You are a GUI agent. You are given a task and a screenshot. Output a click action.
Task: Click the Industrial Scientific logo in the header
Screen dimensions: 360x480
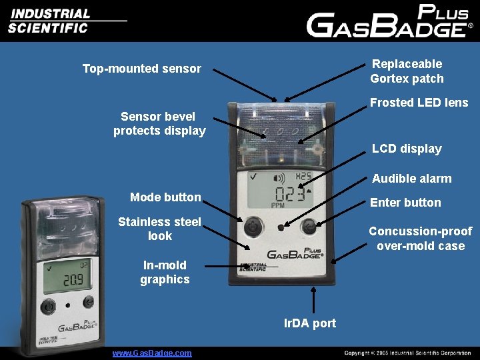(50, 21)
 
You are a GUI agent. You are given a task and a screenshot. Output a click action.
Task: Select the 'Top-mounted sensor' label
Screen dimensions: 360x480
(141, 68)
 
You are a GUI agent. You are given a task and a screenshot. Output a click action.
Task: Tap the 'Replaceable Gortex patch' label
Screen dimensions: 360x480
(407, 71)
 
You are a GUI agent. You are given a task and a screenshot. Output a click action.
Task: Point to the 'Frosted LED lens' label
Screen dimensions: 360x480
(419, 103)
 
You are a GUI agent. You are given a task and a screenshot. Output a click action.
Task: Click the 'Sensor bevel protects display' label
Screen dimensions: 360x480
(159, 124)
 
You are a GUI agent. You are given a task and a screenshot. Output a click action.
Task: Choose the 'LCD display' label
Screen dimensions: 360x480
(407, 149)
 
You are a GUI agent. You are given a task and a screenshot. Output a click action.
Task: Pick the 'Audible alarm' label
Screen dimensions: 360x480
(411, 179)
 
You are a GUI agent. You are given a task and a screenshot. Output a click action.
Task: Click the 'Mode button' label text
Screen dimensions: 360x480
(165, 197)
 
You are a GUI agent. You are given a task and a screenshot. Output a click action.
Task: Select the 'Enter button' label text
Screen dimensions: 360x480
(405, 203)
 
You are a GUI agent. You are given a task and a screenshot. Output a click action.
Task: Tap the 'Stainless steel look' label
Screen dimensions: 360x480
(159, 229)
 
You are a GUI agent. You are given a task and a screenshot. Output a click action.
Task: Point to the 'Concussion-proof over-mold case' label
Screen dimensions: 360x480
(420, 239)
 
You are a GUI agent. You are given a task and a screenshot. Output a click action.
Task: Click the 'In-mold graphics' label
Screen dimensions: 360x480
(165, 273)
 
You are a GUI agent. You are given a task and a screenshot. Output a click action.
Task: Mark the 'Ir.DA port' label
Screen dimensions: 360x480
(310, 324)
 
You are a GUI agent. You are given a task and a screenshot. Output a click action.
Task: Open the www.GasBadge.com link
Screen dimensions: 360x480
(152, 353)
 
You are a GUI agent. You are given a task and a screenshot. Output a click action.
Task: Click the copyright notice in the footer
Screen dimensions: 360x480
(407, 353)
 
